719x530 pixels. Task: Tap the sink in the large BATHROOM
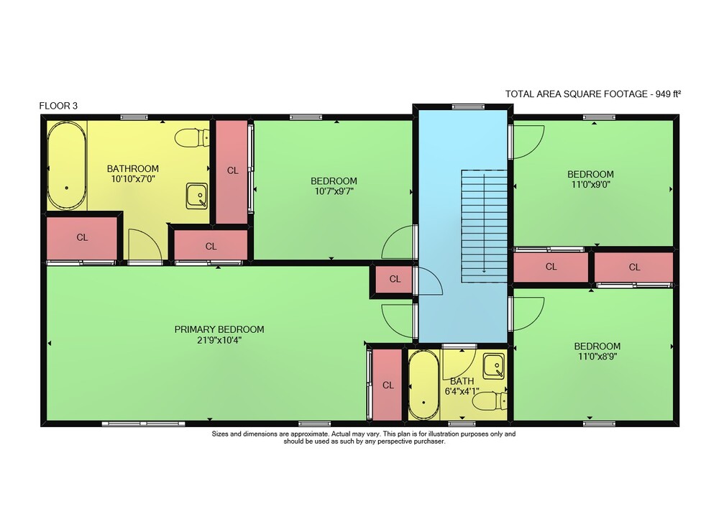pos(197,196)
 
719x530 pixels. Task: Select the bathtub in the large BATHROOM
pos(67,165)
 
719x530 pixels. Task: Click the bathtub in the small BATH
pos(424,385)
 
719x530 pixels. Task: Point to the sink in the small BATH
pos(493,366)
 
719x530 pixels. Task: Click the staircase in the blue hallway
pos(484,226)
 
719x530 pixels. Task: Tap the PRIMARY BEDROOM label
pos(219,329)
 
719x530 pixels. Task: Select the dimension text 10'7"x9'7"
pos(334,191)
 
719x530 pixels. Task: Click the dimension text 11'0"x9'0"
pos(590,184)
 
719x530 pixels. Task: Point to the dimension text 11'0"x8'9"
pos(597,356)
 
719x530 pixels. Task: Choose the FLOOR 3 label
pos(58,106)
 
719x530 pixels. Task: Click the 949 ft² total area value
pos(668,94)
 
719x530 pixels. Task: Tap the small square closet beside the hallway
pos(394,279)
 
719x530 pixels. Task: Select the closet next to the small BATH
pos(388,385)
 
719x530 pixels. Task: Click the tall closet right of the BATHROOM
pos(232,171)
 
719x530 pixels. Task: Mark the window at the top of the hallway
pos(468,107)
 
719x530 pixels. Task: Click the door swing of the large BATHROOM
pos(145,245)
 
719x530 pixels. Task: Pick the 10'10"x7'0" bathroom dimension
pos(133,179)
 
